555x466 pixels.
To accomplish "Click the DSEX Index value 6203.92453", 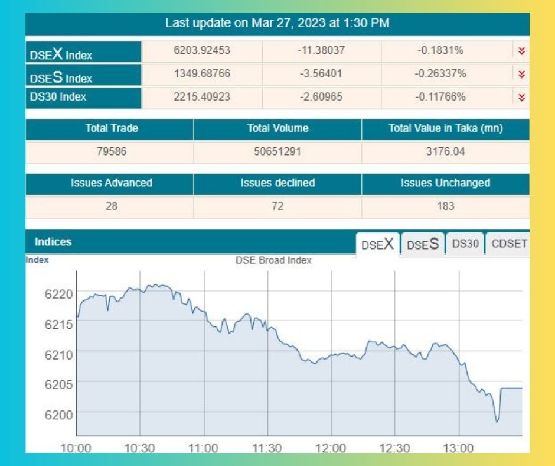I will (x=202, y=51).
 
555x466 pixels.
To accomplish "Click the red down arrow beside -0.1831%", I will (x=521, y=51).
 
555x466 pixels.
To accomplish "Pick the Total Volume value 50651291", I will (x=277, y=151).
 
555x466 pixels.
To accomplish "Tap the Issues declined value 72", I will (x=277, y=206).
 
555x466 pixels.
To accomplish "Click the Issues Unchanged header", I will (x=445, y=183).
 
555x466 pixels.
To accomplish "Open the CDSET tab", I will (x=509, y=244).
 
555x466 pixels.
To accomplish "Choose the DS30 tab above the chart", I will (x=465, y=244).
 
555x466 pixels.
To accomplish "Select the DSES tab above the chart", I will (x=423, y=244).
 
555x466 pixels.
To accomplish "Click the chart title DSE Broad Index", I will (x=273, y=260).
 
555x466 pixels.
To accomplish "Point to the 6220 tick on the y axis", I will (x=58, y=294).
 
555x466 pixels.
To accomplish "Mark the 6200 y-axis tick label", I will (x=58, y=414).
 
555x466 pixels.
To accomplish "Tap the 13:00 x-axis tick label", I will (x=458, y=449).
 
